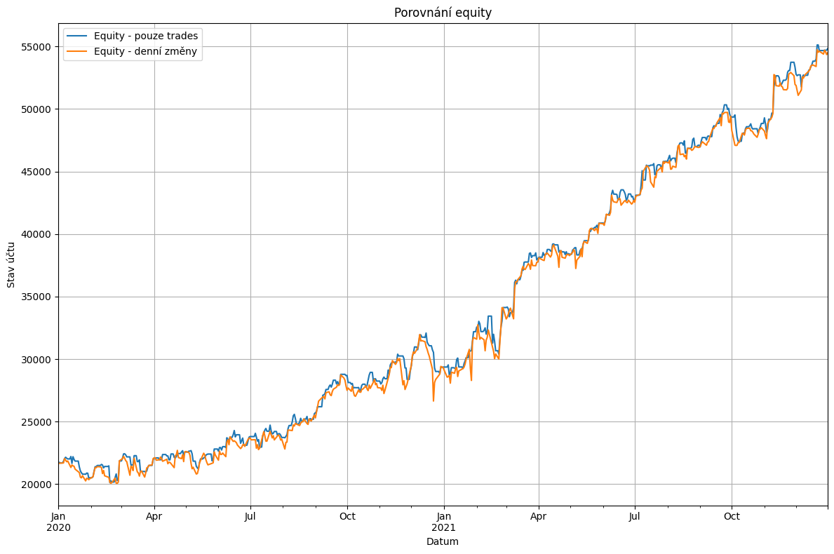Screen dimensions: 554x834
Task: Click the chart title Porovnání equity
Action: (x=443, y=13)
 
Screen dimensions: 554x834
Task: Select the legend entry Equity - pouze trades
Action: (x=146, y=36)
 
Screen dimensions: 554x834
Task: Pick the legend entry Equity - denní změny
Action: (x=145, y=51)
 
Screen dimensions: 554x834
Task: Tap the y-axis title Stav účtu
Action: (x=11, y=264)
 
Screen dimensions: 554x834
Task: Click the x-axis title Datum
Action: (x=443, y=541)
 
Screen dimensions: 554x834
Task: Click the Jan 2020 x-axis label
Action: (x=59, y=522)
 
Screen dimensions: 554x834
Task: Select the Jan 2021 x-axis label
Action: (x=443, y=522)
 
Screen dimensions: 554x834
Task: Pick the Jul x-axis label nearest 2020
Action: (x=250, y=517)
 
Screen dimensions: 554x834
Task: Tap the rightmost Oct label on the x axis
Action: (x=732, y=517)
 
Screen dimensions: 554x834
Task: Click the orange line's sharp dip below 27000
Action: (x=433, y=400)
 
